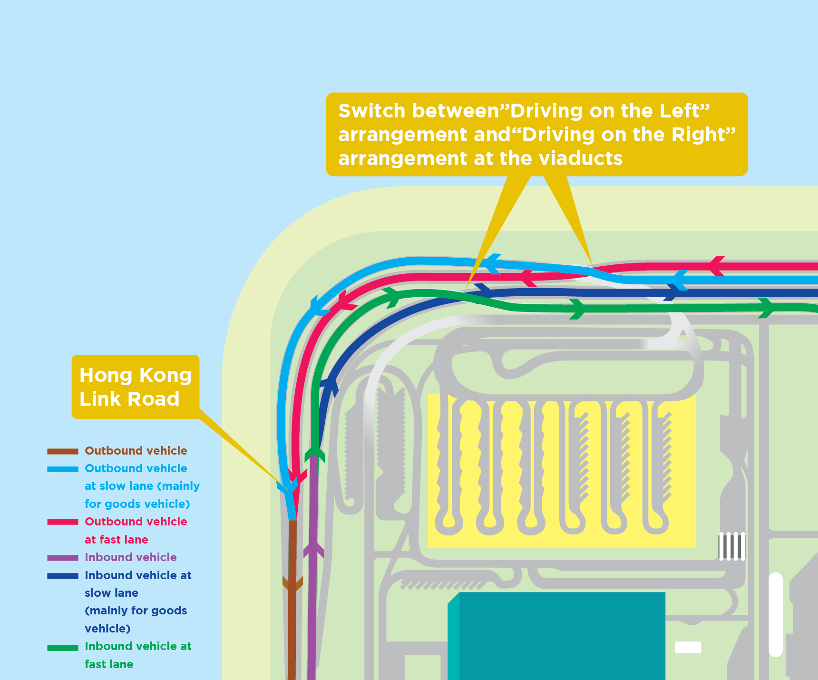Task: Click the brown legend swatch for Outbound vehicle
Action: coord(63,451)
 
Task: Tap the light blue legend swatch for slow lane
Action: coord(63,469)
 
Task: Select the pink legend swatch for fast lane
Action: coord(63,522)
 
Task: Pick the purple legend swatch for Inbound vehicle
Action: coord(63,558)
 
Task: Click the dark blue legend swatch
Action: coord(63,576)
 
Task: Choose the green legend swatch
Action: coord(63,647)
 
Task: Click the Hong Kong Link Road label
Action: coord(136,387)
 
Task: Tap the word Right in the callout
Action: coord(703,135)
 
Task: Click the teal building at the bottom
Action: coord(556,635)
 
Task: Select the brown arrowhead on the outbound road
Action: coord(292,583)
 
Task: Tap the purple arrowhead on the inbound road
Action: coord(313,550)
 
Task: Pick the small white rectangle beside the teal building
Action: coord(688,647)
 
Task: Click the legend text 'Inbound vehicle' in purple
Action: coord(131,557)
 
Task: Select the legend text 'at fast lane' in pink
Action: coord(117,540)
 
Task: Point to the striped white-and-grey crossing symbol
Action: coord(731,546)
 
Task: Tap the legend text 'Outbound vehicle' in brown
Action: coord(136,451)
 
